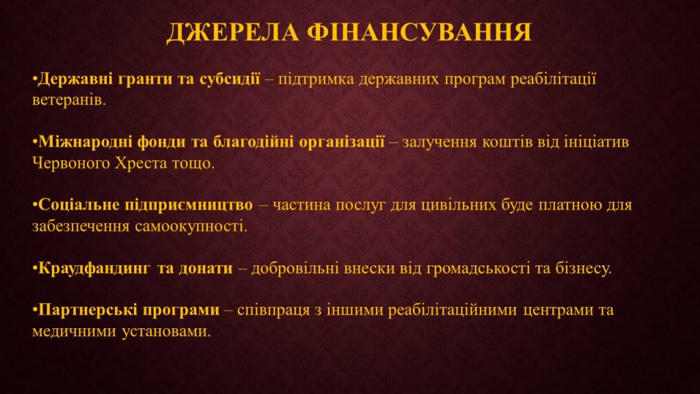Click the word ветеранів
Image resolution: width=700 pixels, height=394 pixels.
tap(69, 100)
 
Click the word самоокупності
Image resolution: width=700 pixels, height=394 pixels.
tap(191, 226)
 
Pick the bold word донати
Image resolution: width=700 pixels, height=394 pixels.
tap(206, 268)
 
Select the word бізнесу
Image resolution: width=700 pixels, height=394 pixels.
tap(584, 268)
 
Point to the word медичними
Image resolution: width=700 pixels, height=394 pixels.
tap(74, 332)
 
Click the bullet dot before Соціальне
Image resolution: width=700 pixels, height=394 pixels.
tap(35, 205)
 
